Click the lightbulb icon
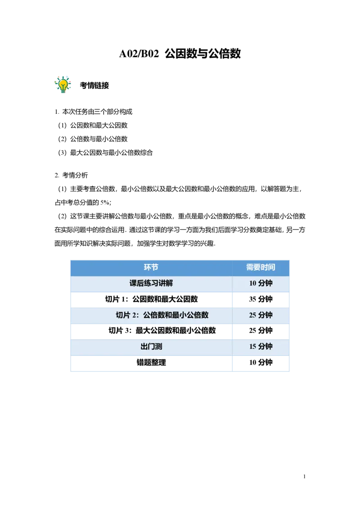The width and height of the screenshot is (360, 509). pyautogui.click(x=63, y=84)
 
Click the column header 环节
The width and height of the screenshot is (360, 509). pyautogui.click(x=151, y=267)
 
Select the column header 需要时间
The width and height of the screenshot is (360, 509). pyautogui.click(x=261, y=267)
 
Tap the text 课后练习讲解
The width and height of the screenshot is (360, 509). pyautogui.click(x=151, y=283)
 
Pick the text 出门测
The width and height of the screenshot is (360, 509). pyautogui.click(x=151, y=346)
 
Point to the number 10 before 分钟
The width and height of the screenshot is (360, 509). pyautogui.click(x=253, y=283)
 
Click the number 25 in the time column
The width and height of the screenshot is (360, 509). pyautogui.click(x=253, y=315)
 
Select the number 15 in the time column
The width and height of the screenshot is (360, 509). pyautogui.click(x=253, y=346)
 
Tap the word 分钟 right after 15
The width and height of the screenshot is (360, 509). pyautogui.click(x=265, y=346)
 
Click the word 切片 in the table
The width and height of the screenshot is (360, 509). pyautogui.click(x=123, y=315)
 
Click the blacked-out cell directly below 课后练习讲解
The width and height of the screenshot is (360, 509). pyautogui.click(x=151, y=300)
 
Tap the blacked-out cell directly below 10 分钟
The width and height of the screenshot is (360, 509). pyautogui.click(x=261, y=300)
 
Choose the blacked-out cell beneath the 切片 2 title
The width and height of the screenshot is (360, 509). pyautogui.click(x=151, y=333)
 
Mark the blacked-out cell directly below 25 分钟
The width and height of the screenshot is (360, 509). pyautogui.click(x=261, y=333)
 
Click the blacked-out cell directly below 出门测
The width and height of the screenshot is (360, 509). pyautogui.click(x=151, y=363)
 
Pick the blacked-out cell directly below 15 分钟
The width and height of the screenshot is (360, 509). pyautogui.click(x=261, y=363)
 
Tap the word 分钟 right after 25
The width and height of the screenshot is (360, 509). pyautogui.click(x=265, y=315)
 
